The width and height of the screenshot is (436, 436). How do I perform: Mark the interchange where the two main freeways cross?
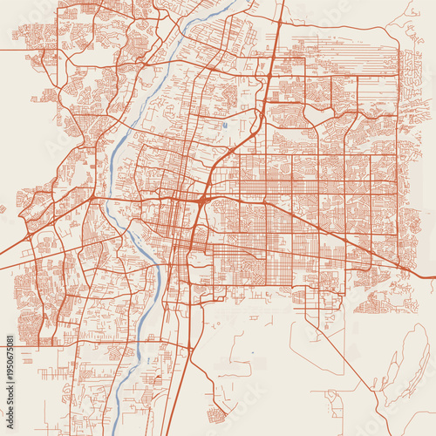[x=202, y=200]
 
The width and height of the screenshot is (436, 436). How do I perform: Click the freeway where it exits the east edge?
[x=433, y=276]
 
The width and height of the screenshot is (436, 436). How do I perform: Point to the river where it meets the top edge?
[x=234, y=3]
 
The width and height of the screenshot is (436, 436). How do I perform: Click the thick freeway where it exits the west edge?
[x=3, y=265]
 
